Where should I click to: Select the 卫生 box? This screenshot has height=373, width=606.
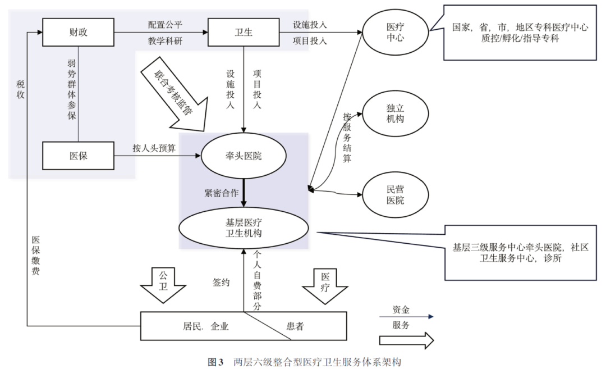tap(243, 32)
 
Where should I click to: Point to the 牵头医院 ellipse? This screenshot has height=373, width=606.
tap(243, 156)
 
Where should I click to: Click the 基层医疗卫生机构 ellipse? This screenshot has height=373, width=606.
tap(244, 228)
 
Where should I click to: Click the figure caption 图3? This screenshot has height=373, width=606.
tap(216, 362)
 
